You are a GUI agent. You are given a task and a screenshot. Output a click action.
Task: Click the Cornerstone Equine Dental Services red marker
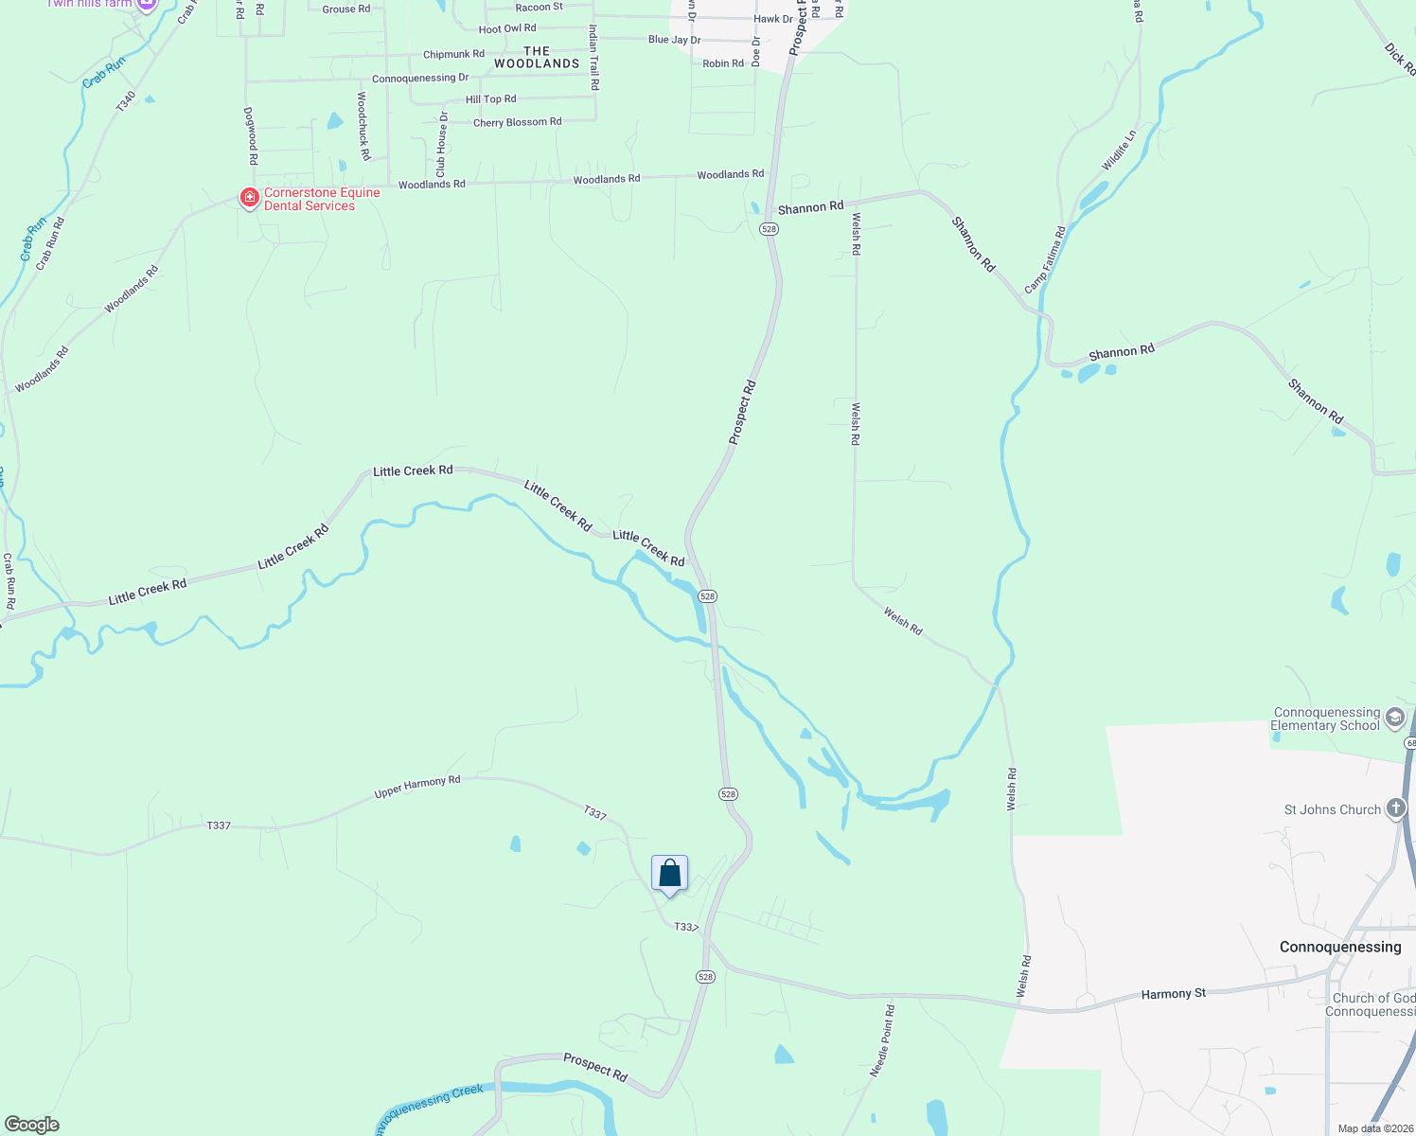[249, 198]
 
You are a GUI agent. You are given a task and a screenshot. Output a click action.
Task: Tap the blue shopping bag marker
[669, 874]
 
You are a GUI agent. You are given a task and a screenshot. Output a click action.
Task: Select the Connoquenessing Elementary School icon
[1394, 719]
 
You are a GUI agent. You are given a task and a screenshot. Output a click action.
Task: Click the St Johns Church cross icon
[1396, 808]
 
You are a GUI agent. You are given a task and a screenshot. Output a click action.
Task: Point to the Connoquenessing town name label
[1340, 947]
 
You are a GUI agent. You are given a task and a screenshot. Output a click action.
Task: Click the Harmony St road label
[1173, 994]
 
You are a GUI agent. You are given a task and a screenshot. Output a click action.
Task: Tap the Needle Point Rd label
[882, 1041]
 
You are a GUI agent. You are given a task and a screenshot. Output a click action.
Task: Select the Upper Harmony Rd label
[417, 787]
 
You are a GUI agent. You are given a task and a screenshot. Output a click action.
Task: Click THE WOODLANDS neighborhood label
[537, 58]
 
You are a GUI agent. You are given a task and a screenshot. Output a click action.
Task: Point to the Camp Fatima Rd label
[1045, 259]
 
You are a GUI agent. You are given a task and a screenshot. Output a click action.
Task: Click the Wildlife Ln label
[1118, 151]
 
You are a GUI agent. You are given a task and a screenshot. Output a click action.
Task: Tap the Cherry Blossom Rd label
[517, 122]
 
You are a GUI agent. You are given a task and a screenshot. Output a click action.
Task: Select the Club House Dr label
[441, 145]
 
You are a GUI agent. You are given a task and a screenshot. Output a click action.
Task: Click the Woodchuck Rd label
[363, 125]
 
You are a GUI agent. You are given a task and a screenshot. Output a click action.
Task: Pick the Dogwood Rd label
[252, 135]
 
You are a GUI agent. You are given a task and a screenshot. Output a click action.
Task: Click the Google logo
[31, 1125]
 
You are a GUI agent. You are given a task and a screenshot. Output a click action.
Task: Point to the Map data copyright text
[1374, 1128]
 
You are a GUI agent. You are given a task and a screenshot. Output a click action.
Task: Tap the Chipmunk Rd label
[453, 55]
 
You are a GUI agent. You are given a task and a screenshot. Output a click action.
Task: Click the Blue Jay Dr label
[674, 40]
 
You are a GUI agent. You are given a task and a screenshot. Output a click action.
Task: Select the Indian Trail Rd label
[593, 58]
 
